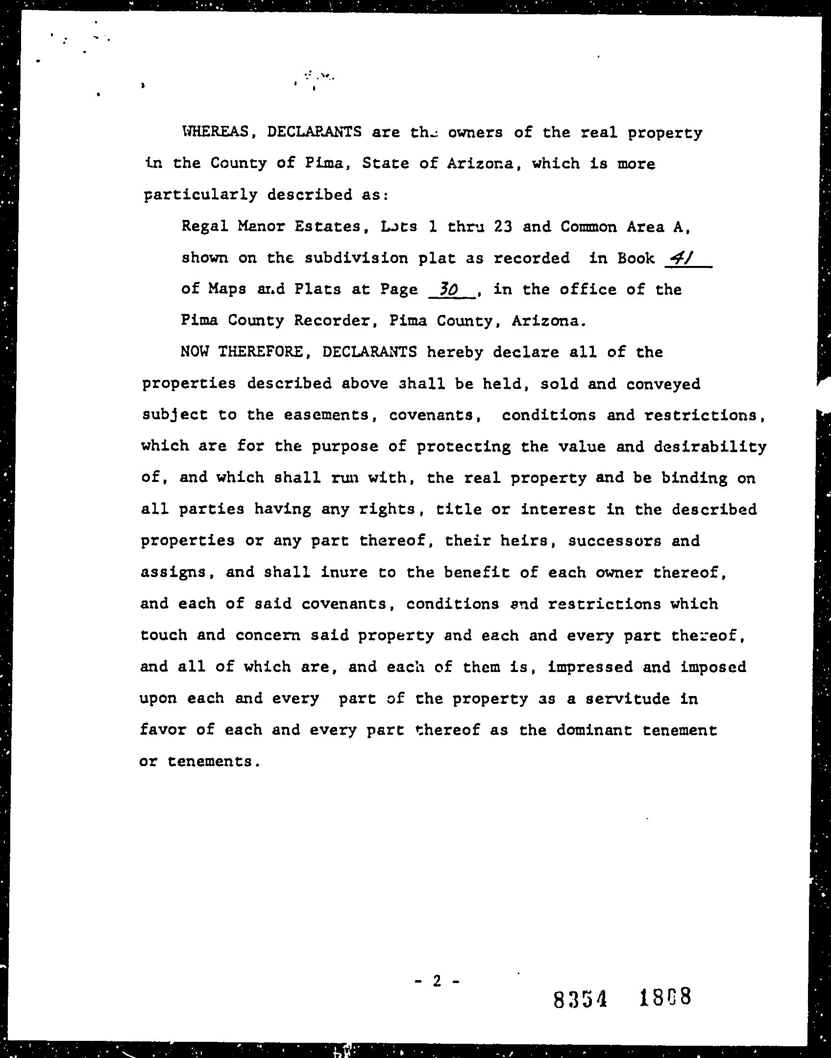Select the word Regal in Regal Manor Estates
[204, 227]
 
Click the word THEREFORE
[262, 352]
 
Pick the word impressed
[590, 667]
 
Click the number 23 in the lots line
[503, 227]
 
